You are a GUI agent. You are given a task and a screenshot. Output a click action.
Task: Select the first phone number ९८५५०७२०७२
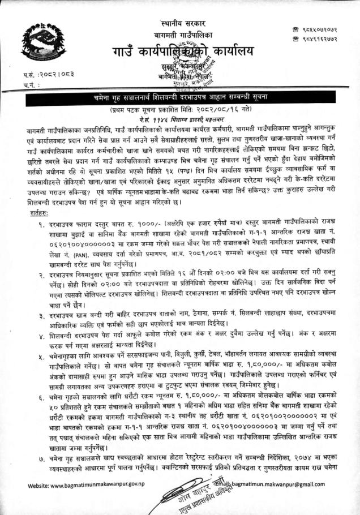[x=319, y=28]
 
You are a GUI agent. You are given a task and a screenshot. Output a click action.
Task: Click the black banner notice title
[x=180, y=98]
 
